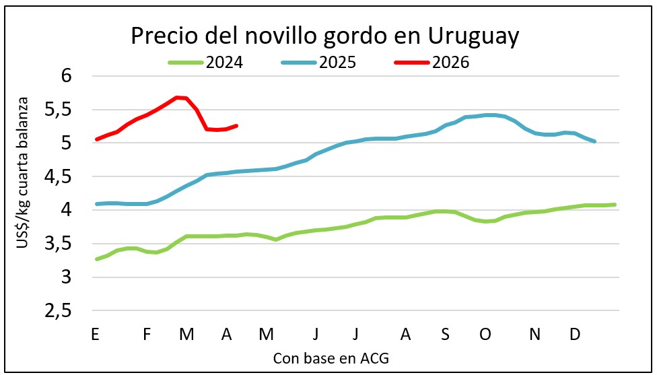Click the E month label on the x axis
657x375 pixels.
coord(96,334)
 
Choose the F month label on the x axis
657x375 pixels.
coord(147,334)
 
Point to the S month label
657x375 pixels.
coord(445,334)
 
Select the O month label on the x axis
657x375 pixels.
coord(485,334)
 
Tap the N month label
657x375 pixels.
coord(535,334)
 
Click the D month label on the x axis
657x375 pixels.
coord(575,334)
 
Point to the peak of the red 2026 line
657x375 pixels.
coord(177,97)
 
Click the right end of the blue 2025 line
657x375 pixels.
coord(594,141)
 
